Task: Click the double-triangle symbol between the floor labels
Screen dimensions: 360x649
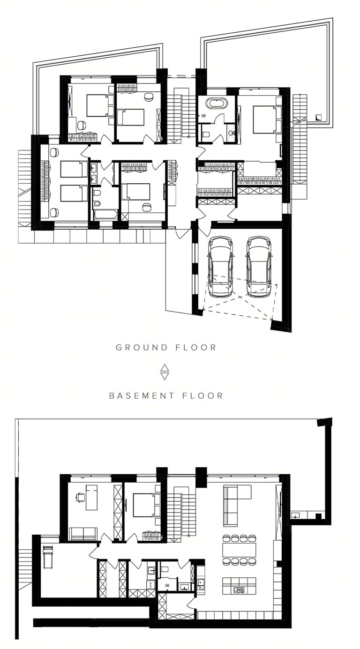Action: click(165, 372)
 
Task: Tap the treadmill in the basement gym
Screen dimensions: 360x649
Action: click(48, 557)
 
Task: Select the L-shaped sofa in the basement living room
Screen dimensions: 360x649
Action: click(236, 506)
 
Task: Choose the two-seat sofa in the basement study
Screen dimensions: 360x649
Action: click(83, 534)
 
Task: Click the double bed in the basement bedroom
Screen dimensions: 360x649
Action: click(147, 506)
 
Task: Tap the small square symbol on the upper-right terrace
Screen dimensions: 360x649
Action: click(319, 117)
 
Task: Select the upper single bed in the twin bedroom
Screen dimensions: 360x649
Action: click(74, 169)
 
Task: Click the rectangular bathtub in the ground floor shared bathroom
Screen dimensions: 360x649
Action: click(106, 215)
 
